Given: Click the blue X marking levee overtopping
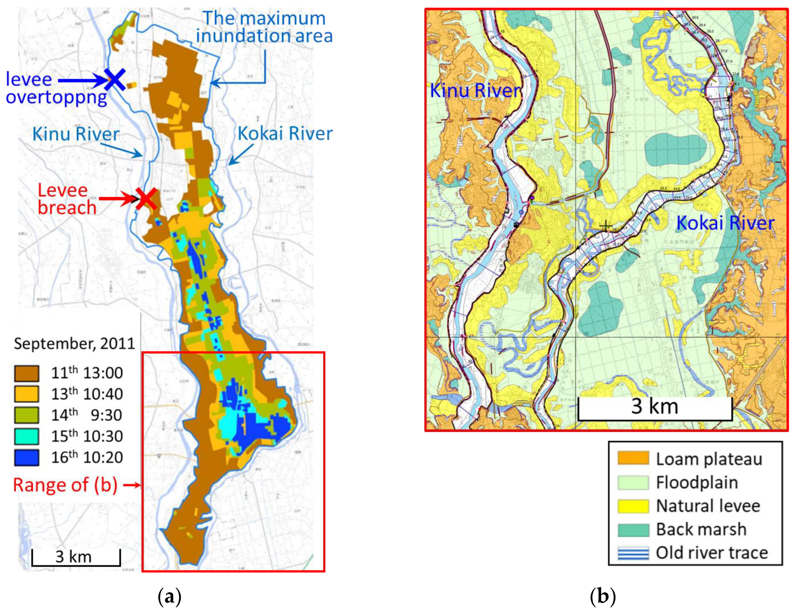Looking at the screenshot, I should click(x=115, y=80).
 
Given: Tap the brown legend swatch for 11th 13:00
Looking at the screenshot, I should click(x=26, y=373).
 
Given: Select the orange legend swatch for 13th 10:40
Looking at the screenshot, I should click(x=26, y=394).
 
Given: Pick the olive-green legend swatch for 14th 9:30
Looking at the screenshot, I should click(x=26, y=415).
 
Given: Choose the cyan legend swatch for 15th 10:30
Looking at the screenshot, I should click(x=26, y=437).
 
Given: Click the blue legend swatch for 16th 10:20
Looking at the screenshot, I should click(x=26, y=458).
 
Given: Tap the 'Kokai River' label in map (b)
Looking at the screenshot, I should click(x=725, y=223).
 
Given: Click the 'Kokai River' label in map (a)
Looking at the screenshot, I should click(x=285, y=134).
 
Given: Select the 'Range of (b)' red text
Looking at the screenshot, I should click(x=65, y=485).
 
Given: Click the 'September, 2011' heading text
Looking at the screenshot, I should click(x=75, y=343).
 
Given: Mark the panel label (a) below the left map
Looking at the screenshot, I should click(x=170, y=596).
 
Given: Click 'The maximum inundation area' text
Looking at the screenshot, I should click(x=264, y=27).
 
